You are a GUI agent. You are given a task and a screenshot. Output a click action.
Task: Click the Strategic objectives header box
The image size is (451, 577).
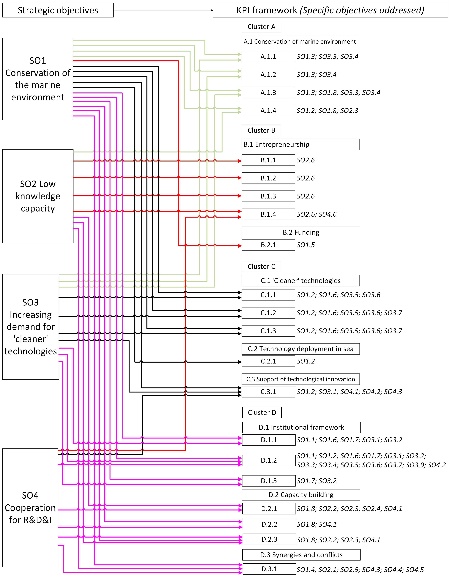coord(58,10)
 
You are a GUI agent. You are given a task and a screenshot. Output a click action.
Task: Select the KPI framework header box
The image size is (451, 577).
coord(330,10)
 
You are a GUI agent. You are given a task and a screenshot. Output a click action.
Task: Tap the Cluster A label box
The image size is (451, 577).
coord(261,27)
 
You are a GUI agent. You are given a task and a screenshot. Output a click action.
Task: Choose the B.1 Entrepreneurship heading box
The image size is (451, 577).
coord(300,144)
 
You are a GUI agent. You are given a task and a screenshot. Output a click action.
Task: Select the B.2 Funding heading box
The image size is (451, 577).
coord(301,232)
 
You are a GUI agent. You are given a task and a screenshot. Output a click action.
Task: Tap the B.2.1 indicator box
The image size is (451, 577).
coord(268,245)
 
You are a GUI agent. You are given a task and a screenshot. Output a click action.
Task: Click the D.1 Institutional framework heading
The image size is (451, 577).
coord(301,427)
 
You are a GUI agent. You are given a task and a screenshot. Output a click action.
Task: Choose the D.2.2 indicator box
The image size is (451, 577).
coord(269,524)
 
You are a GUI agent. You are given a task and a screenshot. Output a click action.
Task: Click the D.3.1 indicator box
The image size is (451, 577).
coord(269,569)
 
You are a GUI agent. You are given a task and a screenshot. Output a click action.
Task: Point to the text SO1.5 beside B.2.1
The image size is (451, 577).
coord(305,245)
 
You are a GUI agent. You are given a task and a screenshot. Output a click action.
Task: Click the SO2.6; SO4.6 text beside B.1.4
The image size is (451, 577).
coord(316,214)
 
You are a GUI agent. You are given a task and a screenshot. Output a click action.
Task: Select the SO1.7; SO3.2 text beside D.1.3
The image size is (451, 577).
coord(316,481)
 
